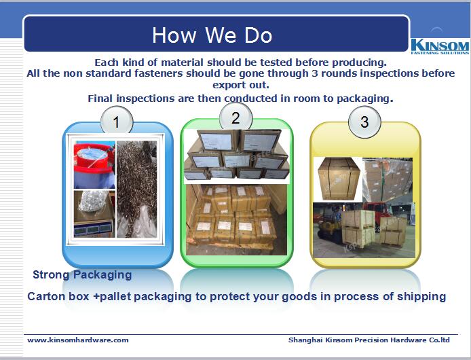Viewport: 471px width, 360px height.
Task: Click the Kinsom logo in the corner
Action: (440, 47)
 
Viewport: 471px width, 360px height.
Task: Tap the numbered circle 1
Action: (117, 122)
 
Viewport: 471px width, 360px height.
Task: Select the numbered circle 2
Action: (235, 118)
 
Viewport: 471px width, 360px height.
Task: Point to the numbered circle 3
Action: (364, 122)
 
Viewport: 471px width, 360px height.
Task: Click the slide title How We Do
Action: (212, 35)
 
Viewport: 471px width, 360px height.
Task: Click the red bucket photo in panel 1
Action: (94, 165)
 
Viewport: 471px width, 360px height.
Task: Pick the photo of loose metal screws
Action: (136, 190)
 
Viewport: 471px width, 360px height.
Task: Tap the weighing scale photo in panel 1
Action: (94, 214)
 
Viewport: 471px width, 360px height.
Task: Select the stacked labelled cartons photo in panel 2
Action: (236, 156)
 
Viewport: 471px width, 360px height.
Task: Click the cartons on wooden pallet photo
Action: (236, 220)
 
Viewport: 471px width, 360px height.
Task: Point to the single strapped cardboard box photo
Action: (338, 179)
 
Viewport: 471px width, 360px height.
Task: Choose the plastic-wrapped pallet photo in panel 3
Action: (388, 180)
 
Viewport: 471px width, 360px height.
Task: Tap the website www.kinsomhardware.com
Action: (78, 340)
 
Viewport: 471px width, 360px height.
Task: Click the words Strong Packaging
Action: (82, 274)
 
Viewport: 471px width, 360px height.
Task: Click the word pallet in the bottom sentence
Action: (115, 297)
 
